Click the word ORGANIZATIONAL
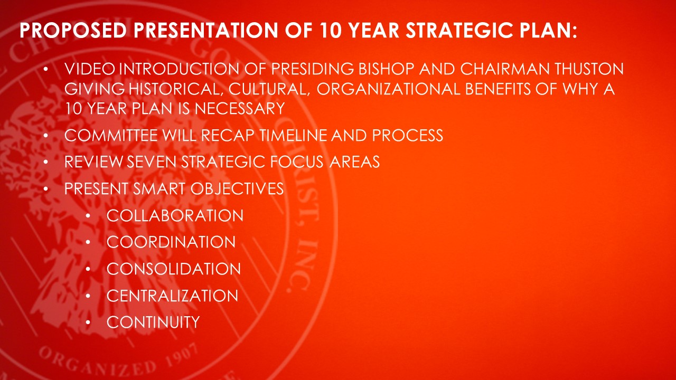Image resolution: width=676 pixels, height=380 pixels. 388,89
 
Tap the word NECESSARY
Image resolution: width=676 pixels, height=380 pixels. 240,109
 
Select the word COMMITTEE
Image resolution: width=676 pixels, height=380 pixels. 111,136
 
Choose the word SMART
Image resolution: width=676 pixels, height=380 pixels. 159,189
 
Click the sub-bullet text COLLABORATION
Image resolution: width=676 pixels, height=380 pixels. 175,216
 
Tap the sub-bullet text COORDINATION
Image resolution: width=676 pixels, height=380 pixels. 171,242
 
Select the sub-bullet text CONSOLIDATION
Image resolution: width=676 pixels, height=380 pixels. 174,269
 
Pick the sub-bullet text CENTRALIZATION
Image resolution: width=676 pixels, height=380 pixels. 172,296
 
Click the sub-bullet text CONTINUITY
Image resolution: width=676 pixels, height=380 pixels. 153,322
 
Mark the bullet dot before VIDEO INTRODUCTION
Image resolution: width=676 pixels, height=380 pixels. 45,69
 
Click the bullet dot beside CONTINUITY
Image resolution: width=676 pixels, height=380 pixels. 88,322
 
